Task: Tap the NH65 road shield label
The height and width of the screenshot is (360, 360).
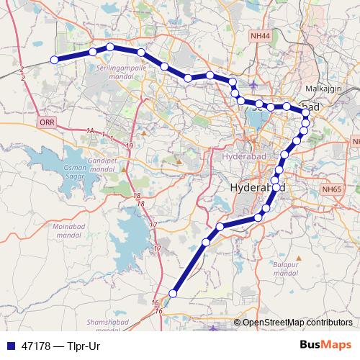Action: pos(332,189)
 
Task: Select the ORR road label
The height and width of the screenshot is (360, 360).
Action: pos(48,123)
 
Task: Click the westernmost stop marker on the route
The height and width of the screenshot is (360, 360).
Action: pos(54,60)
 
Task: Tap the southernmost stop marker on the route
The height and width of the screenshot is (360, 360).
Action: pos(173,292)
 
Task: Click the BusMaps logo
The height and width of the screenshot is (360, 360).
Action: pos(325,345)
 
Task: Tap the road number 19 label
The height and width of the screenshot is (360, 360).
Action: pos(129,146)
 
